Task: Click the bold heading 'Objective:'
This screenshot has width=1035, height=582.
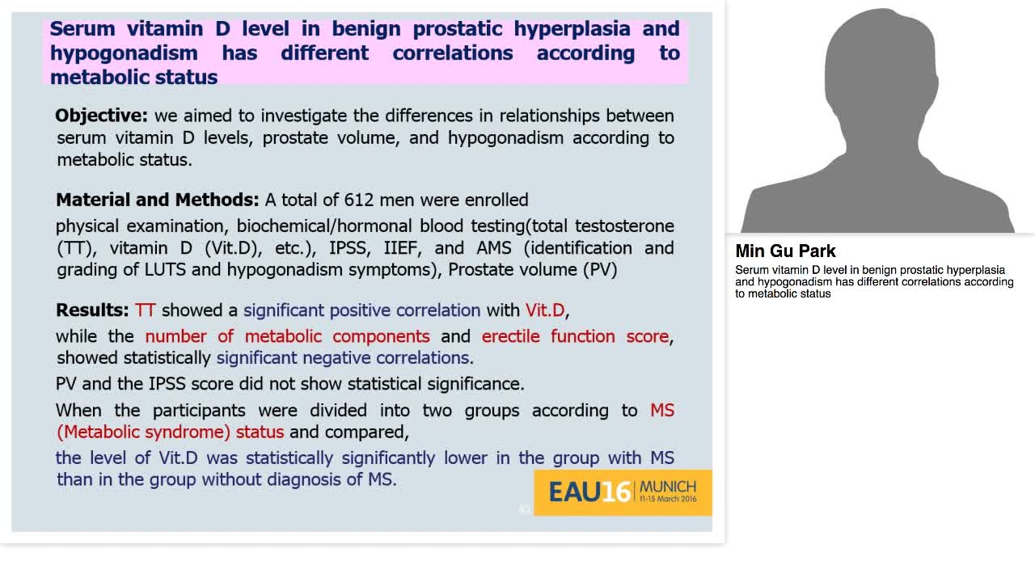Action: coord(101,116)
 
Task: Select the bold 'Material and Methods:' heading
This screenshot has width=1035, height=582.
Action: coord(157,200)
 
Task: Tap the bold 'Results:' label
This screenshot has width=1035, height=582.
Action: coord(92,310)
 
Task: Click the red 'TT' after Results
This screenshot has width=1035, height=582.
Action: coord(146,310)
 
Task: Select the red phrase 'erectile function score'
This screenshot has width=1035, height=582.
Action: coord(576,336)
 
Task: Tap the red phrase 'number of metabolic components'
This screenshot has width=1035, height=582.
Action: coord(287,336)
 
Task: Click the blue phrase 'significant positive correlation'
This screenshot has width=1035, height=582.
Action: coord(361,310)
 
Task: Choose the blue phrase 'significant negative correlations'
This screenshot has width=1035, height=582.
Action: coord(343,358)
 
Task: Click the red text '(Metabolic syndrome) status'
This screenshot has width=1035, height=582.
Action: coord(170,432)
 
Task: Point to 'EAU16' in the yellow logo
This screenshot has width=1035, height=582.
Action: coord(589,491)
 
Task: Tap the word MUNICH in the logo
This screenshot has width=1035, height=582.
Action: coord(668,487)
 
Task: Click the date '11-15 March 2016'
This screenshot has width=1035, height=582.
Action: coord(668,500)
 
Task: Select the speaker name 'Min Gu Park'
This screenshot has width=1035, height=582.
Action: coord(785,251)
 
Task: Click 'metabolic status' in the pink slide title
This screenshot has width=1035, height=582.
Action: coord(133,78)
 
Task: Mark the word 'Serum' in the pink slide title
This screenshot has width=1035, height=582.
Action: coord(82,29)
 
